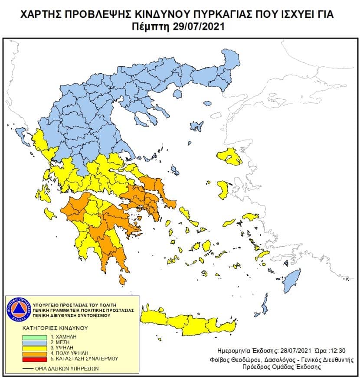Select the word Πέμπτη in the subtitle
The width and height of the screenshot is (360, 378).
151,27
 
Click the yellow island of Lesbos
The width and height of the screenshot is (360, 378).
229,156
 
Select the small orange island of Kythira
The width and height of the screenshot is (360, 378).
122,281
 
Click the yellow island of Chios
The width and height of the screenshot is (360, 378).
224,190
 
